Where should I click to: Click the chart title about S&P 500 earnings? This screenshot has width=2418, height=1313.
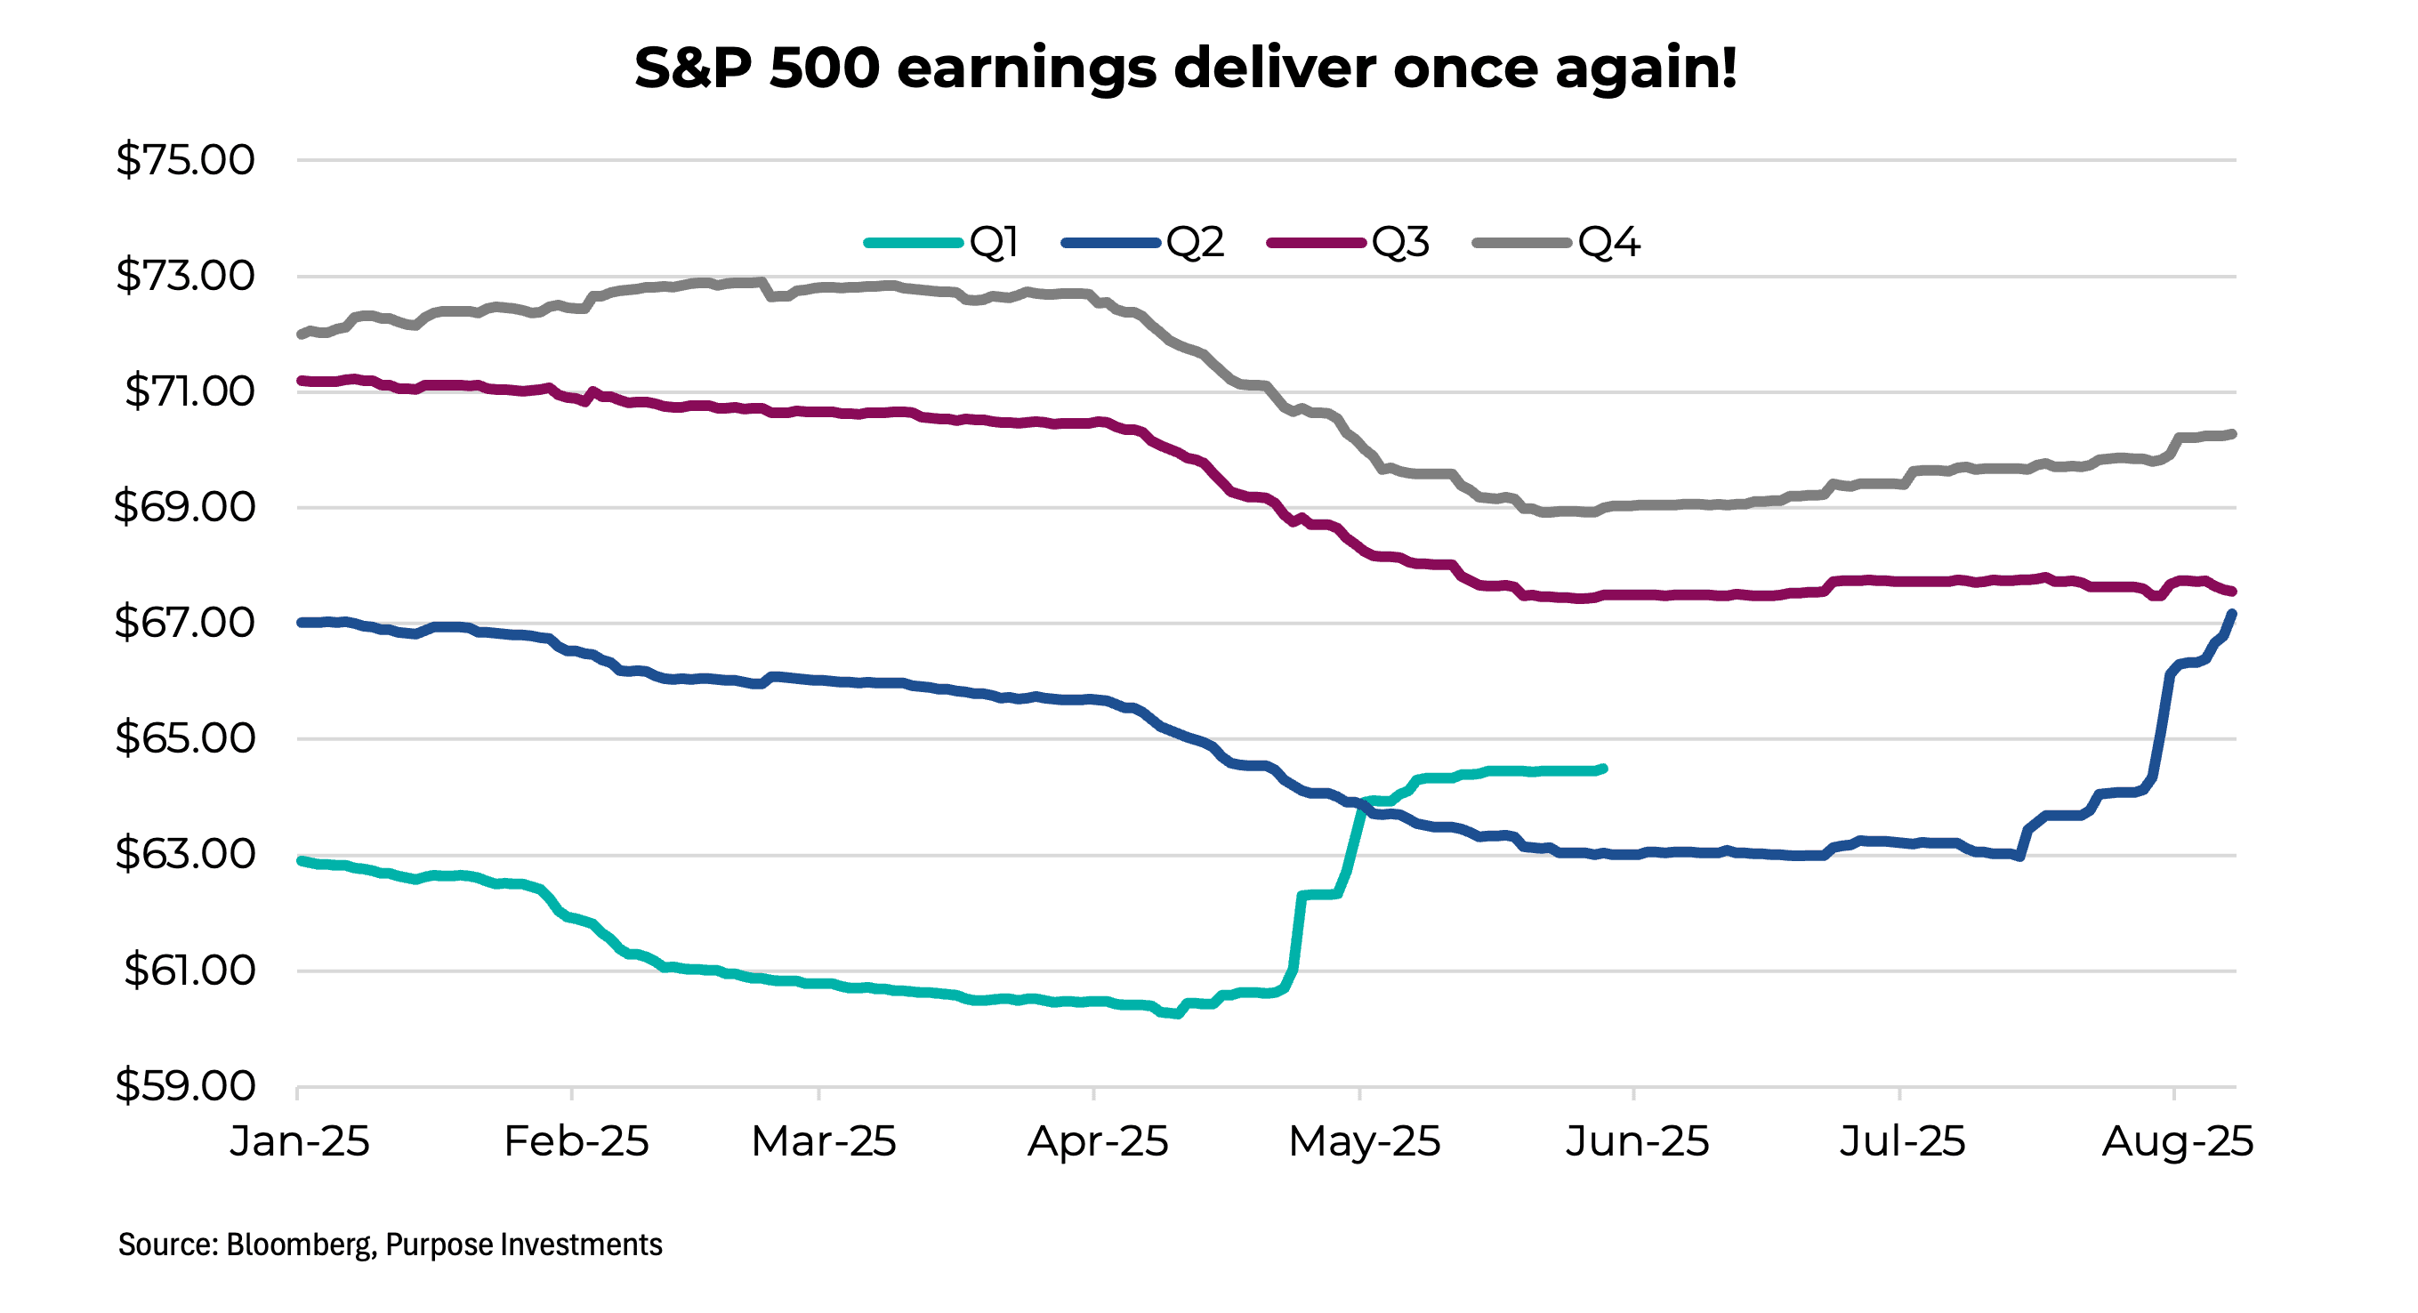pos(1185,68)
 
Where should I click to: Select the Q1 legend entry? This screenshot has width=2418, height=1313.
pos(941,243)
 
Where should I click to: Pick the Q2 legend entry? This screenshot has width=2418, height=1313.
pos(1142,243)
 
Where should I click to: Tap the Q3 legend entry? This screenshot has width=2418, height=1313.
pos(1348,243)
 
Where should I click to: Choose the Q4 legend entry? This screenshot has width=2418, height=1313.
pos(1556,243)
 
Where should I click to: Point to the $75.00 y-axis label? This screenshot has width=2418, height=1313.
pos(184,160)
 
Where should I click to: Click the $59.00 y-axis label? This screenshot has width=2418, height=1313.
pos(184,1087)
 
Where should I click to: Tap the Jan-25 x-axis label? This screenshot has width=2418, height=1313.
pos(300,1142)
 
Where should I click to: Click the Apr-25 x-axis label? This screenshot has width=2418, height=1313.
pos(1097,1142)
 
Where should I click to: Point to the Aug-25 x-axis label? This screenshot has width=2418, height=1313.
pos(2177,1142)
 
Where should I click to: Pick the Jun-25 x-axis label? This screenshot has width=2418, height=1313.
pos(1637,1142)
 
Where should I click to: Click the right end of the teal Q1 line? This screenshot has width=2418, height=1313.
pos(1603,769)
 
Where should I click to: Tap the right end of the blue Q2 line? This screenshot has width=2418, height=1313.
pos(2232,614)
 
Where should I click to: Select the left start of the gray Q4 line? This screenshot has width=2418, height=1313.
pos(301,335)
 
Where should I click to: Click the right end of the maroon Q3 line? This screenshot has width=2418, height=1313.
pos(2232,592)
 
